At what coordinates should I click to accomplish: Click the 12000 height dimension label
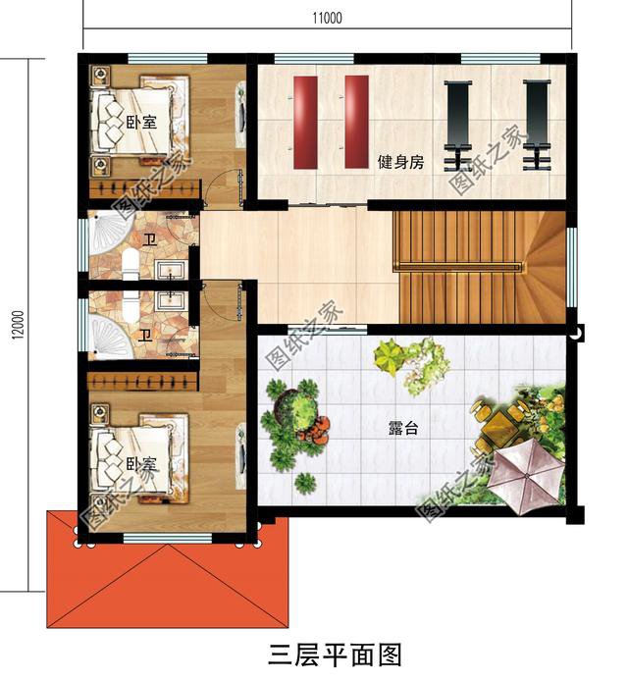(17, 325)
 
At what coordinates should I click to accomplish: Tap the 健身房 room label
(400, 162)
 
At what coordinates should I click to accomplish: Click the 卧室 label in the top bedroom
(141, 123)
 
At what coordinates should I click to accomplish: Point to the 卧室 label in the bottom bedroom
(141, 463)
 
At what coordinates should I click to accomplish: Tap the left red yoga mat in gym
(306, 121)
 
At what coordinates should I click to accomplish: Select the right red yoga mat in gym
(356, 121)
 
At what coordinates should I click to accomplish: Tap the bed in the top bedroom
(135, 122)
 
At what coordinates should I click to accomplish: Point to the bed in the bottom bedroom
(135, 460)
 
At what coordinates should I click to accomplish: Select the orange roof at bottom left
(167, 579)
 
